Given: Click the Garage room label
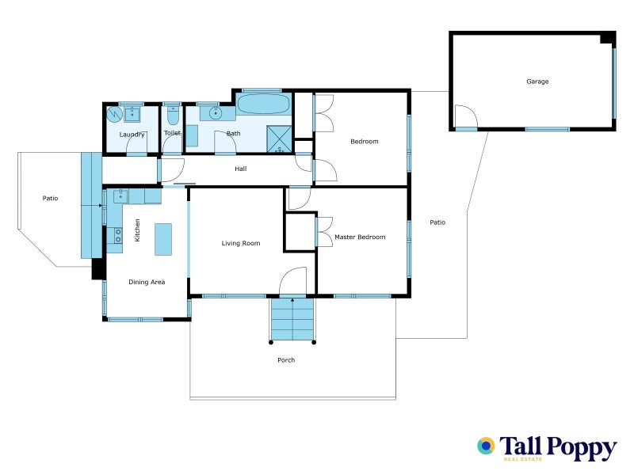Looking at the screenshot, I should coord(537,82).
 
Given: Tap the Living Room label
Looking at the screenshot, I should coord(240,243).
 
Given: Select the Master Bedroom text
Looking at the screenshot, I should coord(360,237).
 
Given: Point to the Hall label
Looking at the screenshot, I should coord(241,169).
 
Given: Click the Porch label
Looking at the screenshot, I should coord(286,360).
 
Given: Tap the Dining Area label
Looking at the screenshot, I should coord(147,282).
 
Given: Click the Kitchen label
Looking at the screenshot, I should coord(137,230).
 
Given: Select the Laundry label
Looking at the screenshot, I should coord(132,135).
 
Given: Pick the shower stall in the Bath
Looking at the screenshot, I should coord(279,138).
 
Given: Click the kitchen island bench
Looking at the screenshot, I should coord(162,238).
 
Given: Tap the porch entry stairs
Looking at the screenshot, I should coord(292,318).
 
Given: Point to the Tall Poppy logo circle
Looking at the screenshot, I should coord(486,446).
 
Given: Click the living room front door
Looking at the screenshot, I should coord(293,283).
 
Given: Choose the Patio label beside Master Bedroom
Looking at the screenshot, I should coord(437,222).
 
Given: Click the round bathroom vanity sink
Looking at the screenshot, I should coord(215,114).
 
